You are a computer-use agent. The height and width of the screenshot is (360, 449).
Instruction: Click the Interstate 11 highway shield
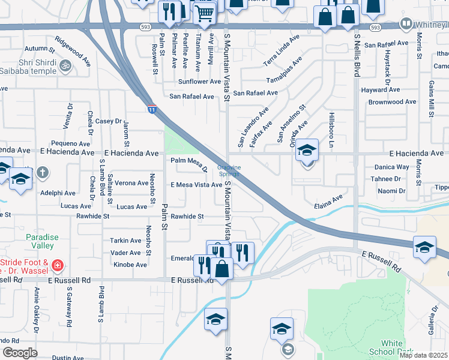[x=152, y=109]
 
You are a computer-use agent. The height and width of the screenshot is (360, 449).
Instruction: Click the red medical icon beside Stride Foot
[x=58, y=265]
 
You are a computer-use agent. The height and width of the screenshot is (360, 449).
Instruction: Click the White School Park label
[x=391, y=347]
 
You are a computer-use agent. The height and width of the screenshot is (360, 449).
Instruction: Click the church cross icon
[x=42, y=173]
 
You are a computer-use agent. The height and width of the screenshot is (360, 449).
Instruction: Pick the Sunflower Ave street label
[x=199, y=82]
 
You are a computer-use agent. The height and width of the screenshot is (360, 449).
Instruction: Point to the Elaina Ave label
[x=329, y=201]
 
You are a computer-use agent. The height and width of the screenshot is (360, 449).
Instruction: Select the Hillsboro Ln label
[x=331, y=129]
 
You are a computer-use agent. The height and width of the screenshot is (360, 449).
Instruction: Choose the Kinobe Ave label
[x=129, y=265]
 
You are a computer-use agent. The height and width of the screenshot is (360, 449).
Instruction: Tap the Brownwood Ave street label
[x=392, y=102]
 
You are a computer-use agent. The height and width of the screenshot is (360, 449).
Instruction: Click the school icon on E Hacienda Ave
[x=307, y=151]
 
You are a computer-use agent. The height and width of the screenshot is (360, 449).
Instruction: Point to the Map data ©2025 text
[x=423, y=355]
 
